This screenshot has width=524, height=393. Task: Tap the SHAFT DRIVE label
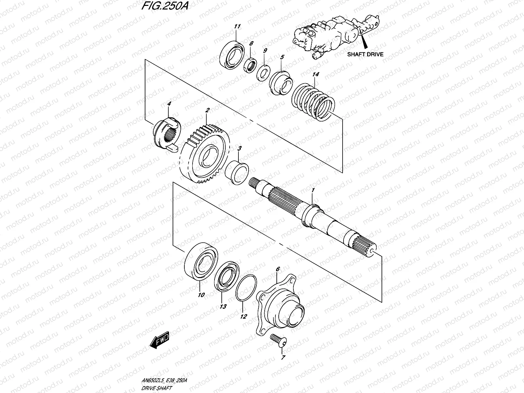[x=365, y=54]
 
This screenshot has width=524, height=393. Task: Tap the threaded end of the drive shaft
[x=254, y=181]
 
